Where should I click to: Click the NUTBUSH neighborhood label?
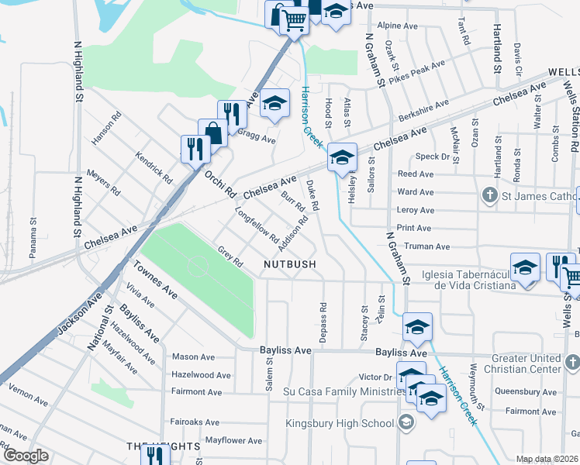pos(289,264)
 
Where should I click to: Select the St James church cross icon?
pos(490,193)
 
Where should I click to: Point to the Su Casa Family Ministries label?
pos(340,393)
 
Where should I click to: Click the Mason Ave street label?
pos(194,356)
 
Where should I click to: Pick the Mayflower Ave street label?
pos(233,440)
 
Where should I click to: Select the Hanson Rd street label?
pos(106,129)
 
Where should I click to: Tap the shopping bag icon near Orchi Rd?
pos(212,133)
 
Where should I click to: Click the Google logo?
pos(25,456)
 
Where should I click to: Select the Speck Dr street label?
pos(434,157)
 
